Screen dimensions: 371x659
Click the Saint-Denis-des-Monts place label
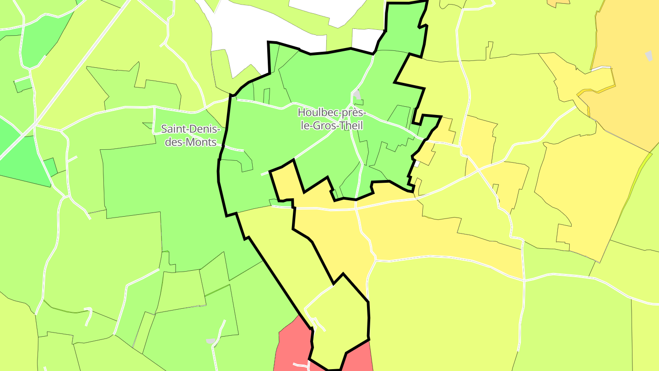pyautogui.click(x=190, y=135)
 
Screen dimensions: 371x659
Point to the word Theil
pyautogui.click(x=350, y=125)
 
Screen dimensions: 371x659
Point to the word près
pyautogui.click(x=353, y=112)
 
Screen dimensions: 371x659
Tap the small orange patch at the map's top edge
pyautogui.click(x=558, y=3)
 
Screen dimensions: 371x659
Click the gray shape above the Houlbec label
pyautogui.click(x=357, y=95)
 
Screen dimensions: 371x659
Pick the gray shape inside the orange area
pyautogui.click(x=649, y=56)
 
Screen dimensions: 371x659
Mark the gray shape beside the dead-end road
pyautogui.click(x=210, y=341)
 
